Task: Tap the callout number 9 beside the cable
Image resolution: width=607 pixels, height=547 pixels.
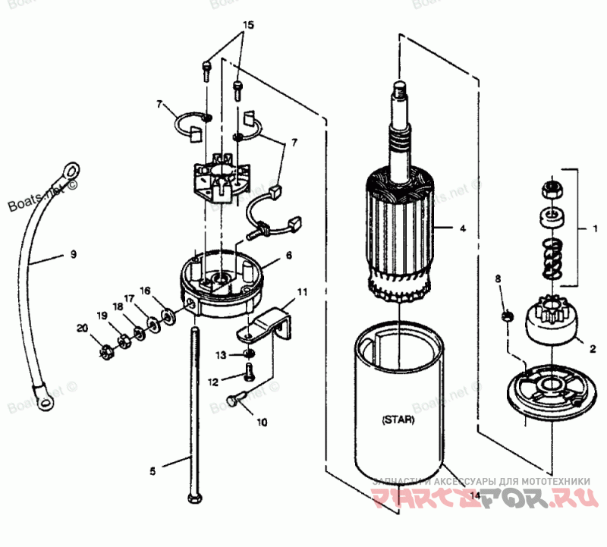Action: [x=74, y=254]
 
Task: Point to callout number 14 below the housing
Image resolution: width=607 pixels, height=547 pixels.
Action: [x=475, y=495]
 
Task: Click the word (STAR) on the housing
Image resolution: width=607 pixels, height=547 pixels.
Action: [x=398, y=418]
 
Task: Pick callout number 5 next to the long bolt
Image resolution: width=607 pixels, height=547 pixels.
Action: [x=152, y=471]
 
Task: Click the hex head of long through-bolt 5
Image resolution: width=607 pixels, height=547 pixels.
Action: [x=193, y=500]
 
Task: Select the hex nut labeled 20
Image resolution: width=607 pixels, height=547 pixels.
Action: [x=107, y=351]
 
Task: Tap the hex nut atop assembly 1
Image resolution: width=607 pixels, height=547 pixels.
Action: [x=552, y=187]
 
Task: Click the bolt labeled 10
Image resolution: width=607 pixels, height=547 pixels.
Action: [x=235, y=398]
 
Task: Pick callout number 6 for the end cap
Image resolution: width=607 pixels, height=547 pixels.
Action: [x=288, y=256]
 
